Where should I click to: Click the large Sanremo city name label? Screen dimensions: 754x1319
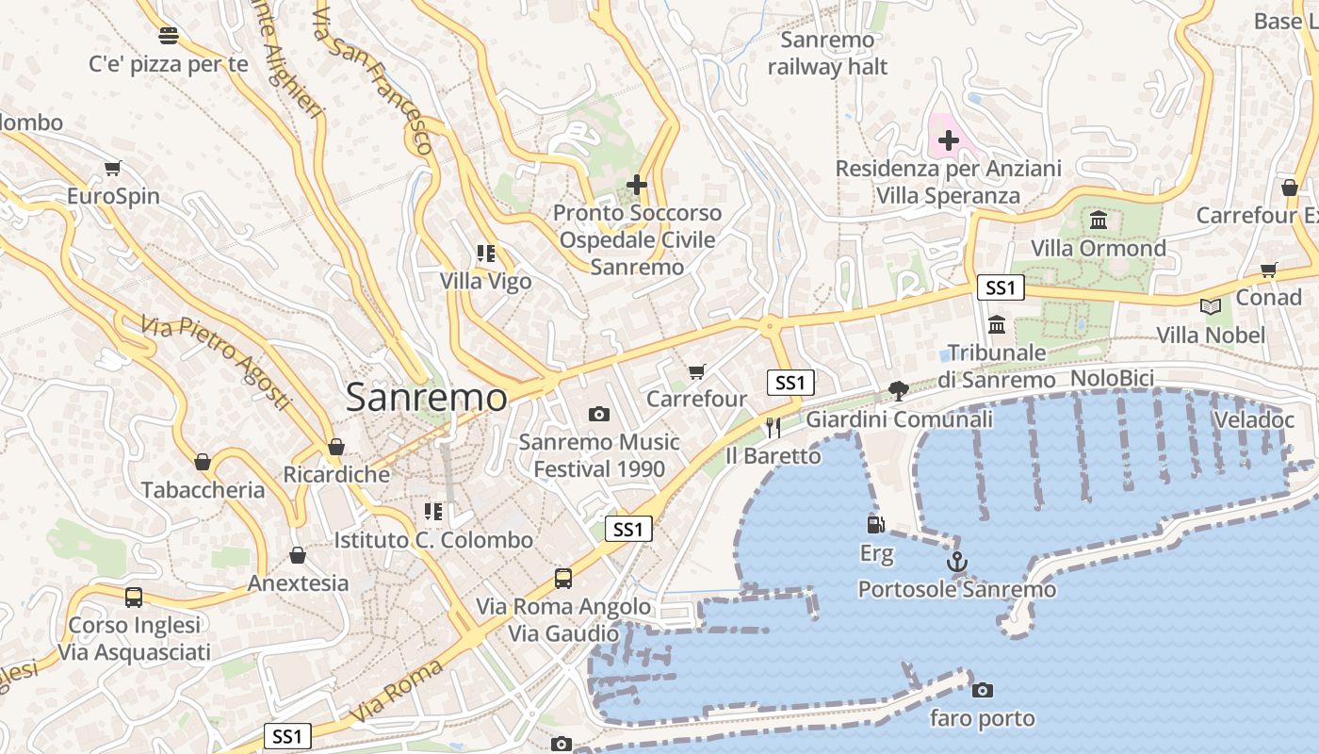click(426, 397)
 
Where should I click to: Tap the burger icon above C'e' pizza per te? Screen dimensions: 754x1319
click(169, 36)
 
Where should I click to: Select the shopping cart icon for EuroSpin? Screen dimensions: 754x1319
click(113, 169)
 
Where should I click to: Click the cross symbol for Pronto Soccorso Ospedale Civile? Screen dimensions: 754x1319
click(637, 185)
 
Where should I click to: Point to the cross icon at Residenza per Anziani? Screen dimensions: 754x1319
click(949, 141)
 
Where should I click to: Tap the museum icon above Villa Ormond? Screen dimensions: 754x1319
click(1099, 221)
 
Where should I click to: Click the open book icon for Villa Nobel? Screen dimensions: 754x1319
click(1211, 306)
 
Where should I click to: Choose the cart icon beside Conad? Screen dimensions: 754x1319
click(1269, 270)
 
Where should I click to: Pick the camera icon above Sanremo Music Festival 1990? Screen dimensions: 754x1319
click(598, 414)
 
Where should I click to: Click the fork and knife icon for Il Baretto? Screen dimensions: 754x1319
click(773, 428)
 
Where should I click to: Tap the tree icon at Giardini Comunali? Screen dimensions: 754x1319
click(899, 390)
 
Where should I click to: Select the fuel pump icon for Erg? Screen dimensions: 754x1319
click(876, 524)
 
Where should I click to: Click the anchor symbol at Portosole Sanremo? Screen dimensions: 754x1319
click(957, 563)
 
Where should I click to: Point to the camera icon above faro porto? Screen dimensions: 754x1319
click(983, 690)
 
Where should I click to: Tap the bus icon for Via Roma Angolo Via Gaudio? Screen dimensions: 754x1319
click(563, 578)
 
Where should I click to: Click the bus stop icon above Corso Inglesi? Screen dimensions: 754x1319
click(134, 597)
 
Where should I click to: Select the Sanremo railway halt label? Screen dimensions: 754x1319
click(827, 54)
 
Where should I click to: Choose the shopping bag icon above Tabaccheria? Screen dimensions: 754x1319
click(203, 462)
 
